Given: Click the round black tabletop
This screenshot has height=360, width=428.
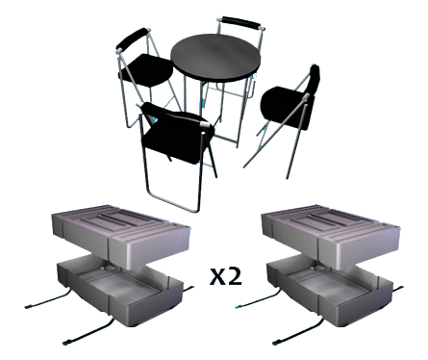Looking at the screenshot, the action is (x=215, y=58).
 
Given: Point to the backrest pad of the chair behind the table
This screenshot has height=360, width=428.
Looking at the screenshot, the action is (x=240, y=22).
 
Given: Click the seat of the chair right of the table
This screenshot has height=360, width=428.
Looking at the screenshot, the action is (x=285, y=107).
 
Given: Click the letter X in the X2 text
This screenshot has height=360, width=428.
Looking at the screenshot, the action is (x=216, y=277).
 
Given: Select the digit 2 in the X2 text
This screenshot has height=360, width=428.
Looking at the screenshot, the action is (x=235, y=276).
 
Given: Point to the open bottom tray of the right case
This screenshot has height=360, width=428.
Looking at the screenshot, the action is (x=330, y=291).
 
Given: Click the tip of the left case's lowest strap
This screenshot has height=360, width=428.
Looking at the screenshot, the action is (x=65, y=343).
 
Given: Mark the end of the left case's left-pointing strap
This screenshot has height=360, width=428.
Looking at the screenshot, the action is (x=26, y=307).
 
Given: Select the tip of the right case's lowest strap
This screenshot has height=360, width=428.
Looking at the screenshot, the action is (x=275, y=343).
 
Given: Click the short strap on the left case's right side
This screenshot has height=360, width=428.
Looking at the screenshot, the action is (x=189, y=290).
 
